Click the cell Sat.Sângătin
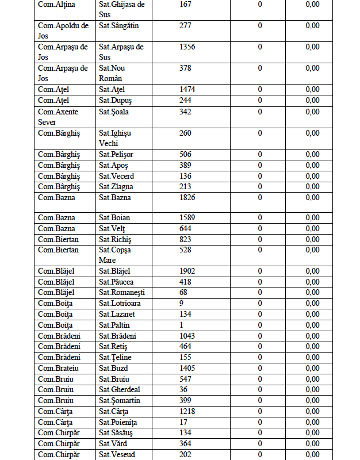point(118,26)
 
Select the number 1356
point(187,47)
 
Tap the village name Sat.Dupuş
point(115,101)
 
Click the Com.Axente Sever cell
point(58,117)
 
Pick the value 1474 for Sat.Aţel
point(187,90)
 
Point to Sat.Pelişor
point(116,155)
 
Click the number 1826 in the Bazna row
point(187,198)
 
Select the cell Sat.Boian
point(114,218)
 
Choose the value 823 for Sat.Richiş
point(185,239)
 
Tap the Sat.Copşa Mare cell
point(115,255)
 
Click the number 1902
point(187,271)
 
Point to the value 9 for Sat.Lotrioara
point(182,304)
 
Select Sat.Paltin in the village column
point(114,325)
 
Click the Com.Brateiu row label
point(59,368)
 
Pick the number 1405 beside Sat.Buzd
point(187,368)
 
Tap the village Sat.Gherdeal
point(118,390)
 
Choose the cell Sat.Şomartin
point(120,400)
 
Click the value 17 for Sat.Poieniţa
point(183,422)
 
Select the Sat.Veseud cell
point(117,454)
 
